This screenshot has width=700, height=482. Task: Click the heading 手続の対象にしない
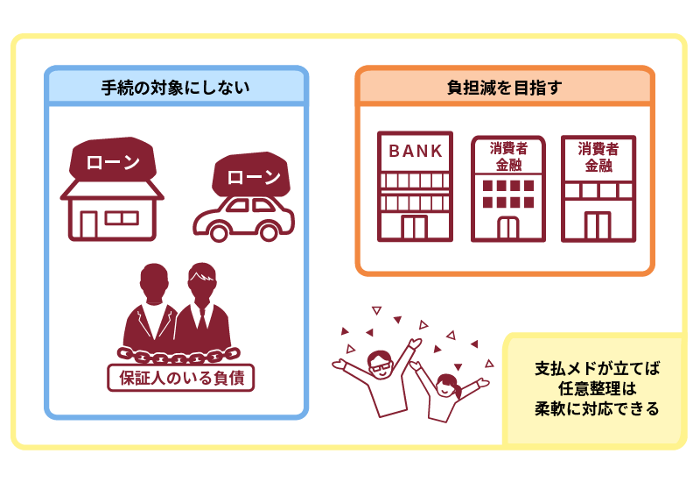[175, 88]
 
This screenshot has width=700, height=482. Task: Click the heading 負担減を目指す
[505, 88]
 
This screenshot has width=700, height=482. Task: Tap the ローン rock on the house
[113, 159]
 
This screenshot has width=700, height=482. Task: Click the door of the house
[89, 224]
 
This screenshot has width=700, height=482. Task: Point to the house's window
[122, 218]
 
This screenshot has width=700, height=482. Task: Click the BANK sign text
[416, 151]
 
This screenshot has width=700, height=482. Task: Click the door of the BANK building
[414, 227]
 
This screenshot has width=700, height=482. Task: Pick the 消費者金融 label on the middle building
[508, 157]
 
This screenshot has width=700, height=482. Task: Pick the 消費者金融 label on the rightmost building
[598, 157]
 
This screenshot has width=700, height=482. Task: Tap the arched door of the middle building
[508, 228]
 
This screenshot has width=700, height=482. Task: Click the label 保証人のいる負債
[181, 379]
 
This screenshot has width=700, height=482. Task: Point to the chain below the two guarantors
[178, 356]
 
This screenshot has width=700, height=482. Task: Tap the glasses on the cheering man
[381, 365]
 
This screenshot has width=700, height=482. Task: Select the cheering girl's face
[445, 386]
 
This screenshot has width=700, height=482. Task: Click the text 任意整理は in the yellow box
[598, 388]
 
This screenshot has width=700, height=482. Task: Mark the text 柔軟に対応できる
[597, 408]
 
